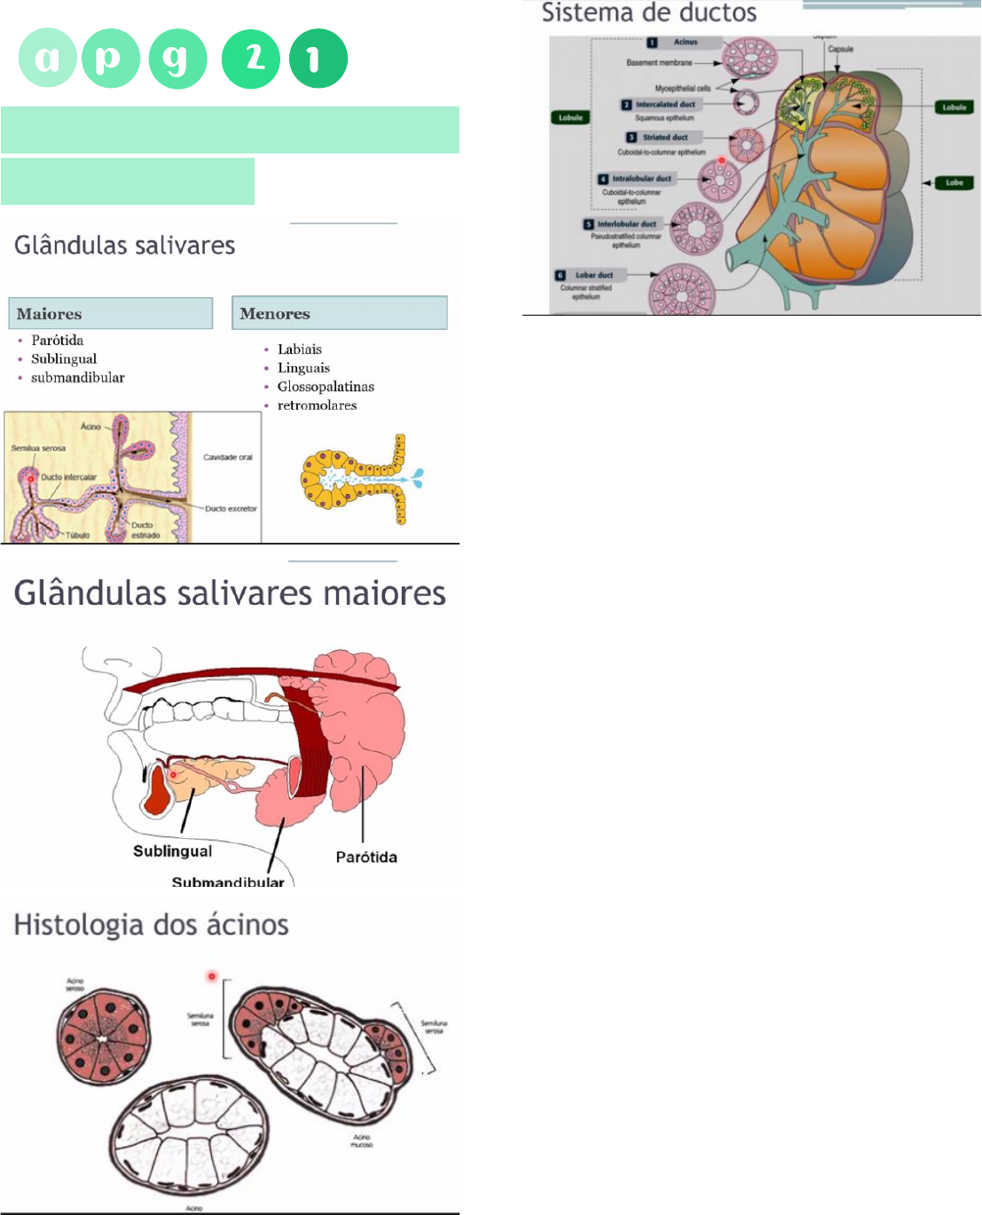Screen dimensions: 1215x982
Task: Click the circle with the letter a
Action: click(48, 59)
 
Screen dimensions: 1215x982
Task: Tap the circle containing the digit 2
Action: click(251, 59)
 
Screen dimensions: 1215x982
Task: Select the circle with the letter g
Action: click(177, 59)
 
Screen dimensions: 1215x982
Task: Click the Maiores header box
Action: click(110, 314)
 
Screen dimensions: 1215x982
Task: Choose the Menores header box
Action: click(339, 313)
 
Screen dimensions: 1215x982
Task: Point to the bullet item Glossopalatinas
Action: click(326, 387)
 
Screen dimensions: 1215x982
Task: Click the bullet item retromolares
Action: click(317, 405)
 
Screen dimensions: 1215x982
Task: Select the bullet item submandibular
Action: click(77, 378)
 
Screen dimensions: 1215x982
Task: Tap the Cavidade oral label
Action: click(228, 458)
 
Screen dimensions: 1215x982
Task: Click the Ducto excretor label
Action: click(231, 509)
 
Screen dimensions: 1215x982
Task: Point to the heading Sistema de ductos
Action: click(648, 13)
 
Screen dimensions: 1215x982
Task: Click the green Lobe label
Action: click(955, 183)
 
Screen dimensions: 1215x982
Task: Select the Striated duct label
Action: click(664, 137)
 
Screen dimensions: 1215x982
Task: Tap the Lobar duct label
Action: click(593, 275)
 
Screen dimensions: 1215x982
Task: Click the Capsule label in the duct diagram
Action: click(840, 50)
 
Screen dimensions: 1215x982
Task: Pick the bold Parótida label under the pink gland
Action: click(366, 857)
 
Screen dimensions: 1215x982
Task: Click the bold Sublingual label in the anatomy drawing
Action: click(172, 851)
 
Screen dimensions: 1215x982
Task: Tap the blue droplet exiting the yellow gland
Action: click(415, 478)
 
